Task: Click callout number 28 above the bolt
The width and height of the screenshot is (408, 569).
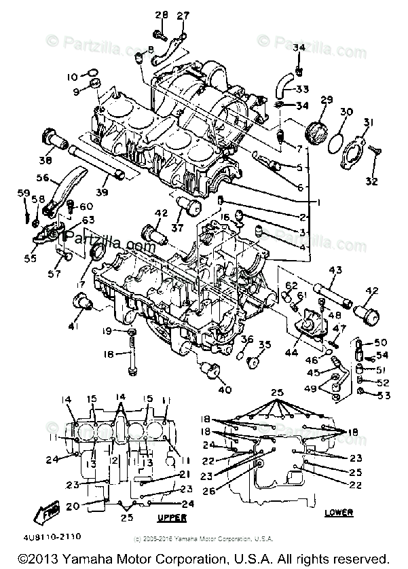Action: click(161, 16)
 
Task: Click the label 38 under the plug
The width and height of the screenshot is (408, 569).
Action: click(45, 161)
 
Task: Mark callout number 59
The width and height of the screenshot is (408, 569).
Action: click(24, 194)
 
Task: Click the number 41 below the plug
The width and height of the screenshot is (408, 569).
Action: click(73, 327)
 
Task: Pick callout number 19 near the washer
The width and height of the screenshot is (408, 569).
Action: click(107, 331)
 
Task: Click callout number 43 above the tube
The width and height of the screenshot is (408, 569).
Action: click(333, 270)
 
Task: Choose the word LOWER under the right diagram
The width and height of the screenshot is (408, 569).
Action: click(340, 512)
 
